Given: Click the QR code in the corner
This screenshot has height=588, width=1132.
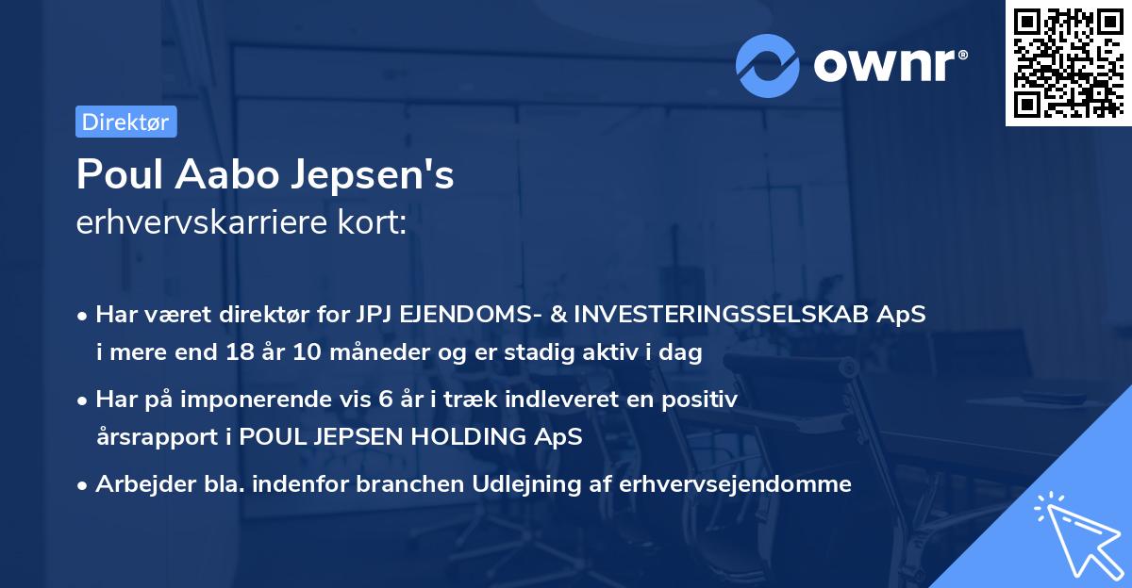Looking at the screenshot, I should (x=1068, y=63).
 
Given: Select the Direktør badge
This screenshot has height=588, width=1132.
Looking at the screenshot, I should (x=125, y=122).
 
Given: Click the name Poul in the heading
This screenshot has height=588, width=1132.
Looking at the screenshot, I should (x=115, y=175).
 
